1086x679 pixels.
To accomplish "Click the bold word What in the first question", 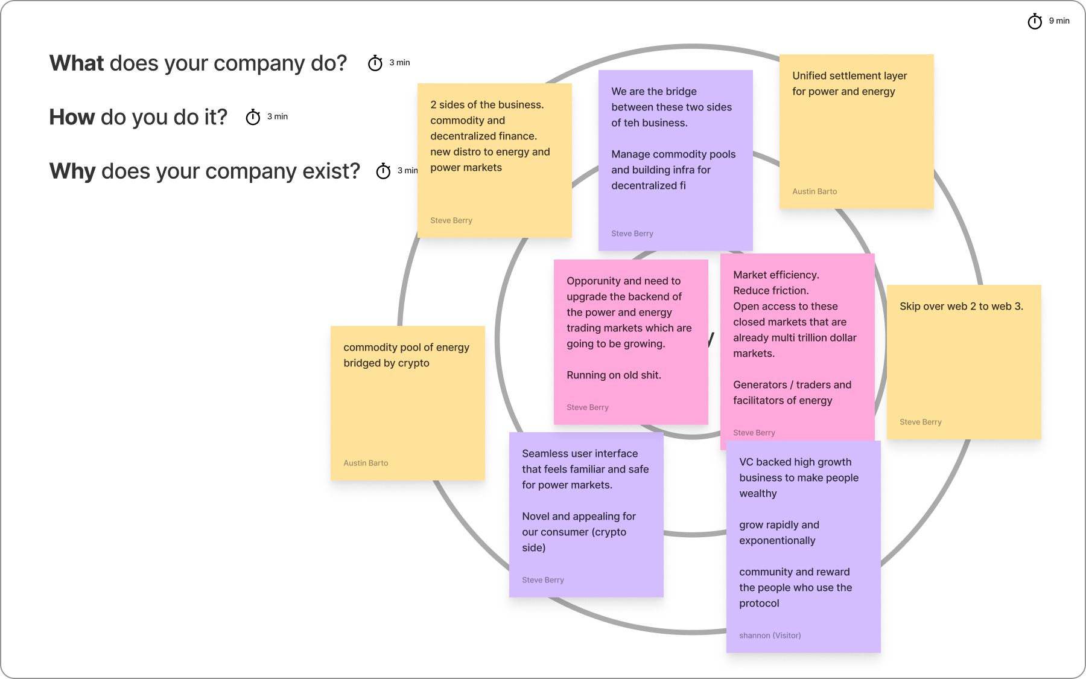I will point(77,63).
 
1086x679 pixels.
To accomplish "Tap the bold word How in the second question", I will point(72,117).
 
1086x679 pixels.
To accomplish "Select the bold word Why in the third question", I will point(72,171).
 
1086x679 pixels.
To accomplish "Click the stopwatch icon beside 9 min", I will point(1035,22).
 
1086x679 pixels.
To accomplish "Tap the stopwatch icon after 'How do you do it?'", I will point(253,117).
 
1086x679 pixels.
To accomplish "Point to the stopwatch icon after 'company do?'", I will point(375,63).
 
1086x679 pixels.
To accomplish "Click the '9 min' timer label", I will point(1059,21).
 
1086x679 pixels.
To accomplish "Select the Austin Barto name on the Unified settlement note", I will point(815,191).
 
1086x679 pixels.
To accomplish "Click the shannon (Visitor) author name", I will point(770,636).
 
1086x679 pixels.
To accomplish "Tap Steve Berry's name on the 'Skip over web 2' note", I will point(920,422).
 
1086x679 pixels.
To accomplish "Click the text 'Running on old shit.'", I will point(614,375).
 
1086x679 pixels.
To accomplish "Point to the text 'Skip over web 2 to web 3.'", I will point(961,306).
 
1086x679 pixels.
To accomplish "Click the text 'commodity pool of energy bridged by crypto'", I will point(405,355).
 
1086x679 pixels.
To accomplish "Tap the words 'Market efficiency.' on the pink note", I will point(776,275).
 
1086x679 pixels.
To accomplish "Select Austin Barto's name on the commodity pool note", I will point(366,463).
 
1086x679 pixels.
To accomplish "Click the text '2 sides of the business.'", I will point(487,105).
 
